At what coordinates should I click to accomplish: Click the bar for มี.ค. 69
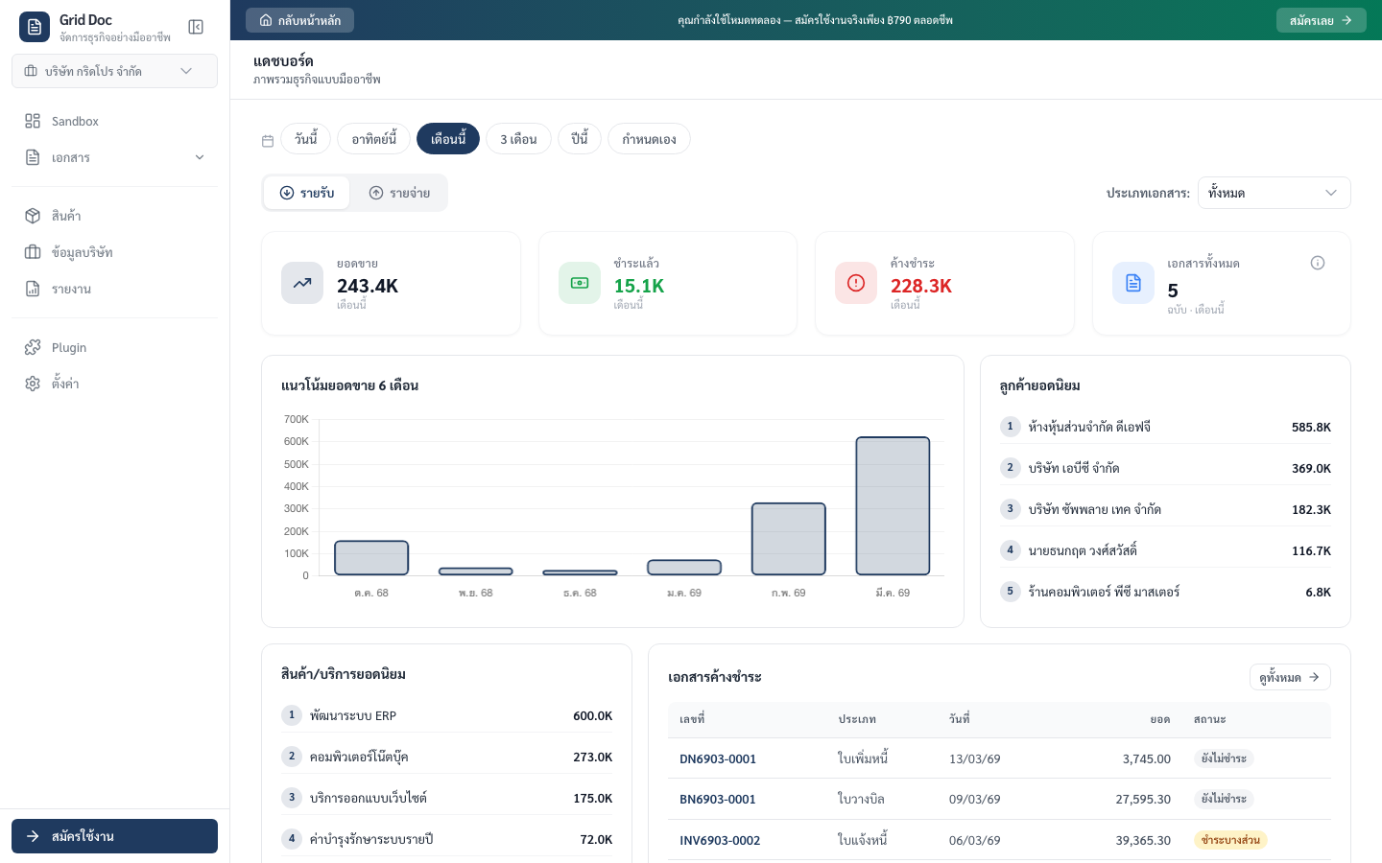893,505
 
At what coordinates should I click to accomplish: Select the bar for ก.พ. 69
788,539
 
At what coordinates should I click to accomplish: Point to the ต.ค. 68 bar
371,557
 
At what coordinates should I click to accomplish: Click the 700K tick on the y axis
297,419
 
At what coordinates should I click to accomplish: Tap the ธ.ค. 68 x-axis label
580,593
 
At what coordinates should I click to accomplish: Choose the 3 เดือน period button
518,139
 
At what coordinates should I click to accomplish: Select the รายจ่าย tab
399,193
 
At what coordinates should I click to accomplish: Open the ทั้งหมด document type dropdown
1274,193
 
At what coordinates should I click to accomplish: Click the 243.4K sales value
368,286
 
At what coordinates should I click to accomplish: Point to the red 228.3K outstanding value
921,286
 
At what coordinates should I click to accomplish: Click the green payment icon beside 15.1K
580,283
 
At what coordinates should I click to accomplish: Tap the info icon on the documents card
1318,263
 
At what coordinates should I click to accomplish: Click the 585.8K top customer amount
1311,427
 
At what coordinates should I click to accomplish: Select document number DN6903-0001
718,758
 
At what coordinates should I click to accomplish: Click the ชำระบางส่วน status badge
1230,840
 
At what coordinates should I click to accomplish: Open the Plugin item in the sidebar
69,347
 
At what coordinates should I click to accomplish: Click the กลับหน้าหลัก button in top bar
300,20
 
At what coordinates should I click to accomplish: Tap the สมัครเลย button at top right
1321,20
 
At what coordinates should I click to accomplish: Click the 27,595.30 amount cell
1143,799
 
